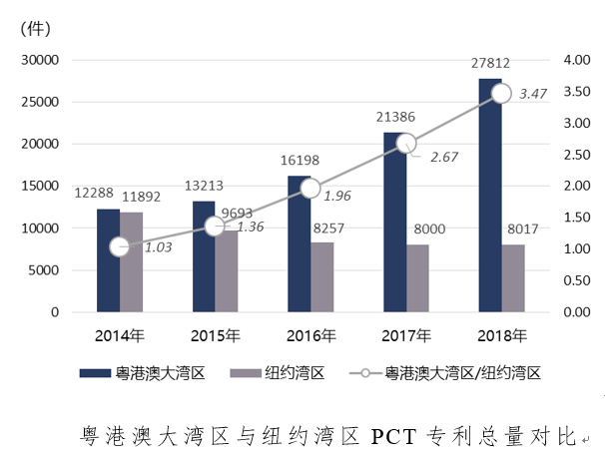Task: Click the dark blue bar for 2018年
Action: click(x=490, y=195)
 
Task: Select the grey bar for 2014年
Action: click(x=132, y=261)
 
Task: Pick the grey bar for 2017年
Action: click(x=418, y=277)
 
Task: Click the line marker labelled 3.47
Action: click(x=501, y=93)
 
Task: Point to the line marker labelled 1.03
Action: click(x=120, y=246)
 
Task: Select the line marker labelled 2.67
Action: click(x=406, y=143)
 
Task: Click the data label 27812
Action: click(x=491, y=64)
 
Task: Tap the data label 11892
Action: click(x=140, y=198)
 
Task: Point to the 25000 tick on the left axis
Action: click(x=41, y=102)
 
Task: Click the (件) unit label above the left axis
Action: click(x=36, y=29)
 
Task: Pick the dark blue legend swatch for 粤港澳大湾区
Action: click(x=98, y=373)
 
